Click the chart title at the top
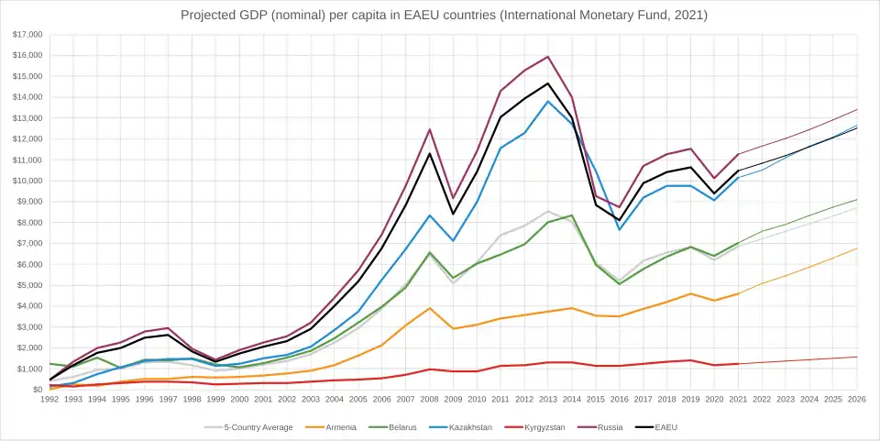tap(444, 15)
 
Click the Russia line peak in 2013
tap(548, 57)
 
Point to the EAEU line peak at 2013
tap(548, 83)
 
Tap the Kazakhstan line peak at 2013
tap(548, 101)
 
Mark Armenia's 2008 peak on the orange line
tap(429, 308)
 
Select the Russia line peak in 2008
tap(429, 129)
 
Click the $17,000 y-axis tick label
tap(27, 34)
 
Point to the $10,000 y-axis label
tap(27, 181)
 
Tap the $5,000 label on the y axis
tap(29, 285)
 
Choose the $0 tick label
tap(38, 390)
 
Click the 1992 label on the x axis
tap(50, 400)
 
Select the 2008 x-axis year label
tap(429, 400)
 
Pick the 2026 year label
tap(856, 400)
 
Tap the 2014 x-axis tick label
tap(572, 400)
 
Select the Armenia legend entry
tap(333, 427)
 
